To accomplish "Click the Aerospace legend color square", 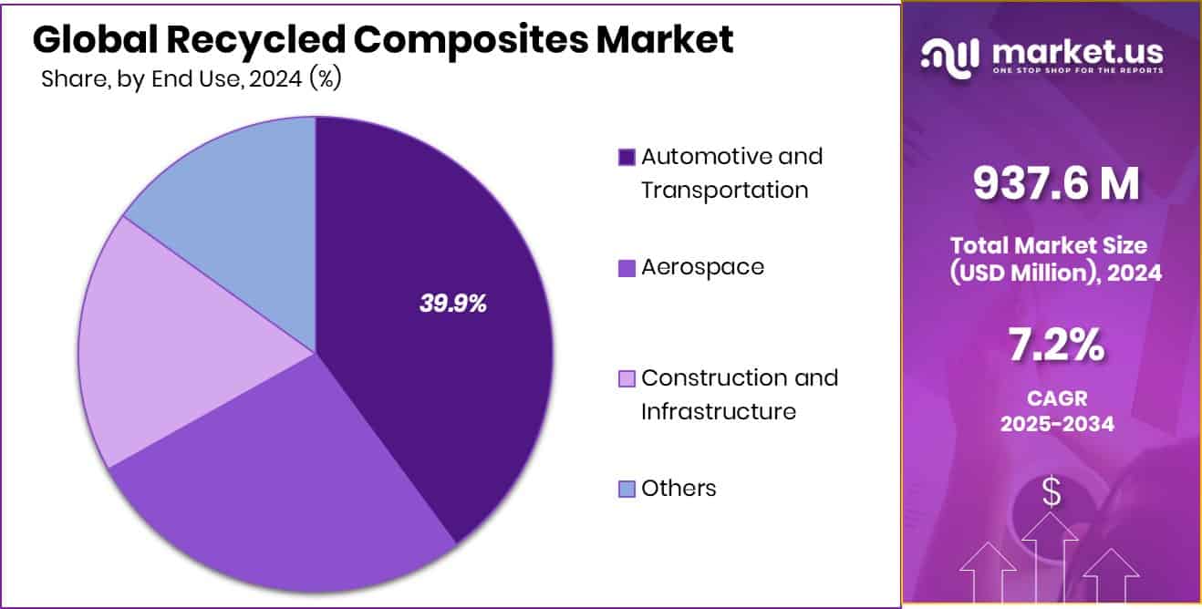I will (x=627, y=268).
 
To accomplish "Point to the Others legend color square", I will (x=627, y=490).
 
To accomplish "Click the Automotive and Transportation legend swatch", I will (x=627, y=158).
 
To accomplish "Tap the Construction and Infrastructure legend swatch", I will (x=627, y=379).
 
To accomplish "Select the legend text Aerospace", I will (x=702, y=267).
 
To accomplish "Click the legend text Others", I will (x=679, y=489).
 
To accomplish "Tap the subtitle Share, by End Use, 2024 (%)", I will (x=191, y=79).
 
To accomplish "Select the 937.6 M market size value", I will (x=1056, y=183).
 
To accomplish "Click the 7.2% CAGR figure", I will (x=1056, y=346).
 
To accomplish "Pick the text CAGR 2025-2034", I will (x=1056, y=411).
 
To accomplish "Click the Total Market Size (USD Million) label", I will (x=1056, y=258).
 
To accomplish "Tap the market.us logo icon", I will (x=951, y=57).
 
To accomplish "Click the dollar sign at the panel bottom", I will (x=1052, y=493).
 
